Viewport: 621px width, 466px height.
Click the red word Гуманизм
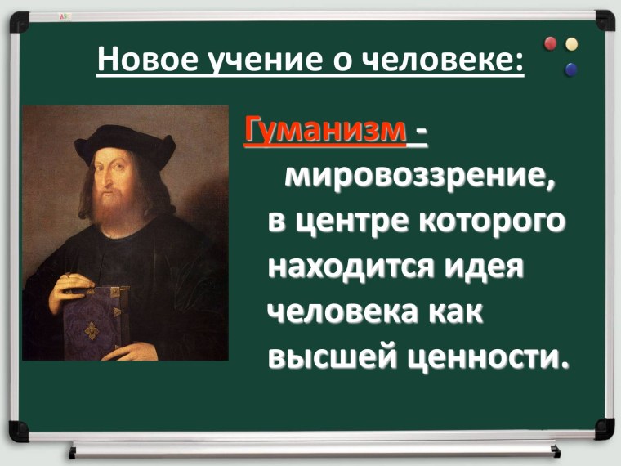(325, 132)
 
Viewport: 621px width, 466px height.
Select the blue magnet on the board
(569, 69)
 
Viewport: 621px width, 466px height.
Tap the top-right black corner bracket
(604, 20)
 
